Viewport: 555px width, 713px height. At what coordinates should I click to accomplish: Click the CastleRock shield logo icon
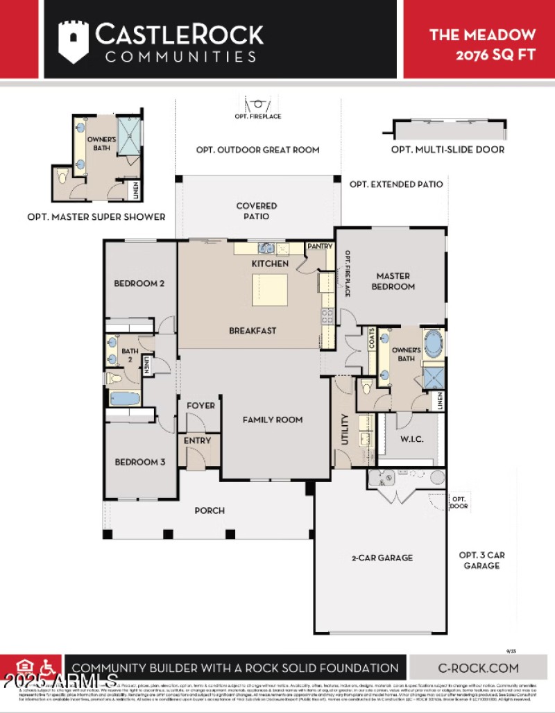pyautogui.click(x=73, y=41)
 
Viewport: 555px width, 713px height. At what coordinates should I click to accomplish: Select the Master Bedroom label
pyautogui.click(x=393, y=281)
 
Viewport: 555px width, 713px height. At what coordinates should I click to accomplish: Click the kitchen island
pyautogui.click(x=270, y=290)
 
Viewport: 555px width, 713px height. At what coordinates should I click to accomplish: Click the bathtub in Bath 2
pyautogui.click(x=125, y=399)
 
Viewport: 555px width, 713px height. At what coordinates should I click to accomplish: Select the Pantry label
pyautogui.click(x=320, y=246)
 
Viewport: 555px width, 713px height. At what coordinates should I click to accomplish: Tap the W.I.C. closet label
pyautogui.click(x=411, y=440)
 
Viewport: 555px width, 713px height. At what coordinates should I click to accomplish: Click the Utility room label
pyautogui.click(x=345, y=429)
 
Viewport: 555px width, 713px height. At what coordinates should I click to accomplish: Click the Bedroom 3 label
pyautogui.click(x=139, y=462)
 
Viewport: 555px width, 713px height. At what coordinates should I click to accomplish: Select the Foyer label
pyautogui.click(x=200, y=405)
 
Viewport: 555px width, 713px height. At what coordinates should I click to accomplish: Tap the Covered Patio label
pyautogui.click(x=256, y=211)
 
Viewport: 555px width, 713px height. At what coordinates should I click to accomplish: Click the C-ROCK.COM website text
pyautogui.click(x=478, y=668)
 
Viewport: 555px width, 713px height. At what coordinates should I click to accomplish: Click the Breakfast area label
pyautogui.click(x=253, y=331)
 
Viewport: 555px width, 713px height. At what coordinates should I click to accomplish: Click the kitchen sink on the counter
pyautogui.click(x=265, y=248)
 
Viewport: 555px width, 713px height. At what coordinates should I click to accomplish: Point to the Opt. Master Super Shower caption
pyautogui.click(x=96, y=216)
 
